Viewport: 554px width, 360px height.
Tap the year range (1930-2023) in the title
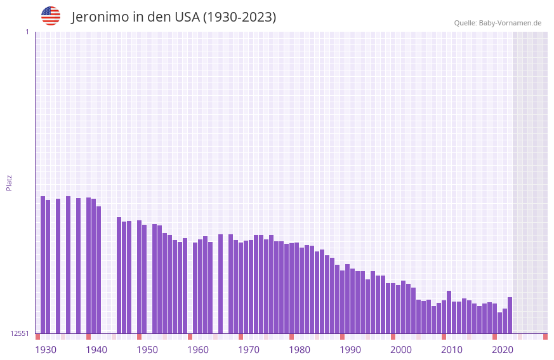click(239, 17)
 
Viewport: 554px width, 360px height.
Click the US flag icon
click(51, 16)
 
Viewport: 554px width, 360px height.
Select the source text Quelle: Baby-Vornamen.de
click(498, 23)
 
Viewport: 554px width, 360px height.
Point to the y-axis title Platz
click(9, 182)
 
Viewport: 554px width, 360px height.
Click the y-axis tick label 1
click(27, 32)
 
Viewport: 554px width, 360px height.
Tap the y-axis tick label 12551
click(20, 333)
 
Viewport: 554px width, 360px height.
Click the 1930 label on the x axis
click(46, 350)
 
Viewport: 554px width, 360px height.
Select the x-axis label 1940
click(96, 350)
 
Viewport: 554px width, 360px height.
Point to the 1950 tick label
click(147, 350)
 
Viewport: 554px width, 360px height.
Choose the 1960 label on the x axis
click(198, 350)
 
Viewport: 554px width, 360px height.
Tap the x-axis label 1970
click(249, 350)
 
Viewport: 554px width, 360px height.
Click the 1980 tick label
click(300, 350)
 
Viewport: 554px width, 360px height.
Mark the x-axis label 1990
click(350, 350)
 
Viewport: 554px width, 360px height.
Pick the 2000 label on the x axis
click(401, 350)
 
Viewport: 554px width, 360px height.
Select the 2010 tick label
click(452, 350)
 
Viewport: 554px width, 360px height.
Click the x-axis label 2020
click(503, 350)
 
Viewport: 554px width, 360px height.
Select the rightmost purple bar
click(510, 315)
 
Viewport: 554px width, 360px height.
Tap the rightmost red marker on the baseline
click(545, 337)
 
